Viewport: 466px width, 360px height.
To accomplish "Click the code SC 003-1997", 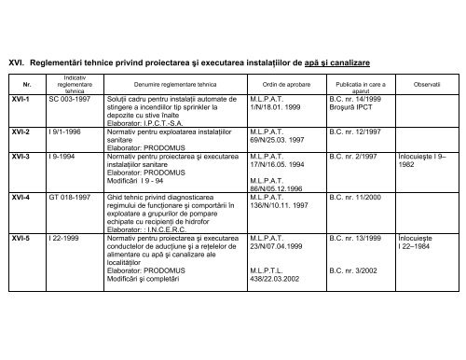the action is [73, 97].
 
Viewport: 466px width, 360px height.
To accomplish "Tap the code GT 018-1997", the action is [73, 199].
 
